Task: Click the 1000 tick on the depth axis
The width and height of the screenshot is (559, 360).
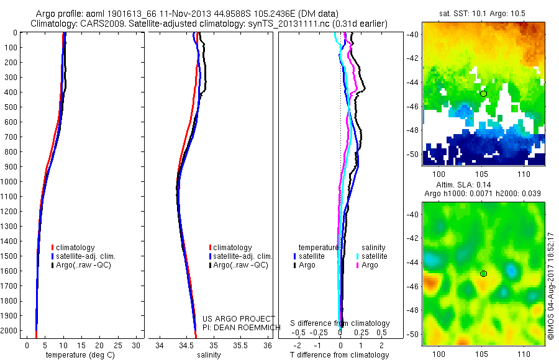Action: coord(10,182)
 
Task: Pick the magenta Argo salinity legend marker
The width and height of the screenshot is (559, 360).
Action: coord(357,265)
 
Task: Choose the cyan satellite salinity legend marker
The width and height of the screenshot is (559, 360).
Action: coord(357,256)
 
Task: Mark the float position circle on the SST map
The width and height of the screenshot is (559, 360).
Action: coord(483,94)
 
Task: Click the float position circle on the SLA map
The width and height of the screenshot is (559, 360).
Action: coord(483,273)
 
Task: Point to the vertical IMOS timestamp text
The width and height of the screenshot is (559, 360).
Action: coord(551,286)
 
